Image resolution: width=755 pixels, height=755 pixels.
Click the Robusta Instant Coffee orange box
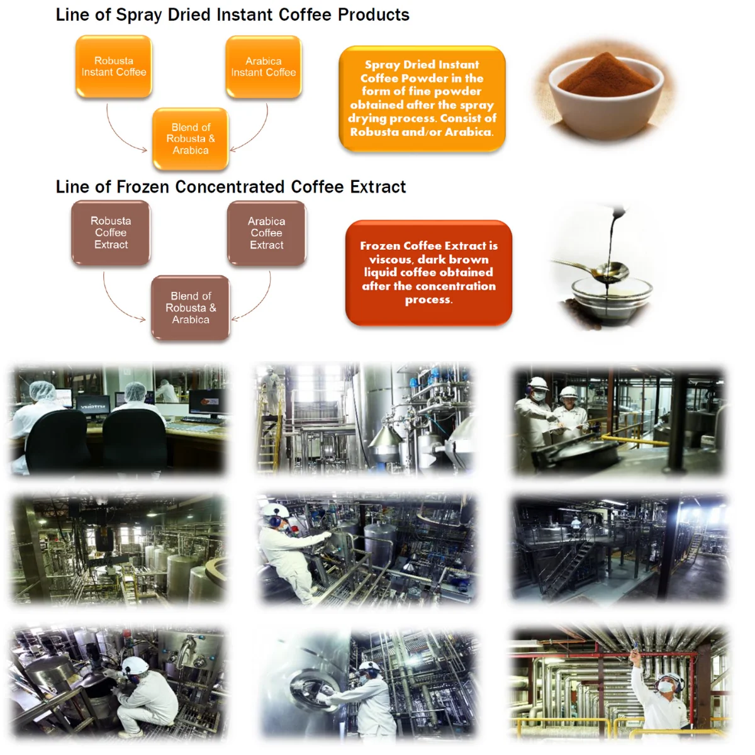(x=114, y=67)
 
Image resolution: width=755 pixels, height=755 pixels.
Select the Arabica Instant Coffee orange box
(x=264, y=67)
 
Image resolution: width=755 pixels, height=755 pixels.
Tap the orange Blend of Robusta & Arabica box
(x=191, y=139)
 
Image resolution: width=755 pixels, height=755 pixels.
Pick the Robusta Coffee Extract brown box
(x=111, y=233)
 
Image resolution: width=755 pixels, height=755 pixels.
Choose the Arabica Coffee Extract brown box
(x=267, y=233)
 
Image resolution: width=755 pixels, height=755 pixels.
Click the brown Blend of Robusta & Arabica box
(x=191, y=308)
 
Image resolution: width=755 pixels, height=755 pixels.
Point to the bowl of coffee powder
(x=606, y=94)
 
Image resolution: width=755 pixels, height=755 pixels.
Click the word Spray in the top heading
(x=140, y=15)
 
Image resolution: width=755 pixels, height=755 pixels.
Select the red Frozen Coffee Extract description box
(x=428, y=272)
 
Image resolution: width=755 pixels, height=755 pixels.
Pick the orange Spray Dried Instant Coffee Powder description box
(x=422, y=98)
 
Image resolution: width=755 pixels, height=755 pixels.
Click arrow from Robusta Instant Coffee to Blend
(x=123, y=135)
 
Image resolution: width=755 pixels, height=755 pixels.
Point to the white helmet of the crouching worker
(x=135, y=666)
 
